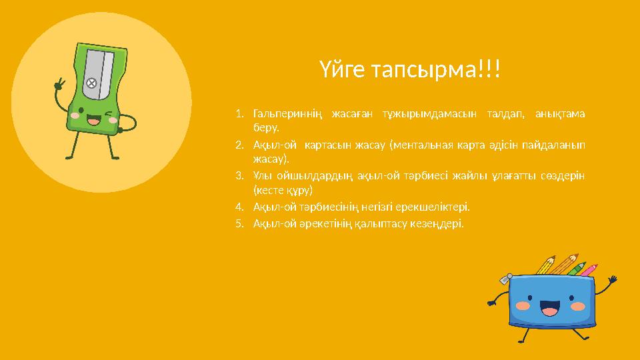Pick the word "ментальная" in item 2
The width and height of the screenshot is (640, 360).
pos(430,145)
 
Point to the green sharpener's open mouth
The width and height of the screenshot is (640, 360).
pos(92,121)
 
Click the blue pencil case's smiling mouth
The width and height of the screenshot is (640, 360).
pos(549,309)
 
